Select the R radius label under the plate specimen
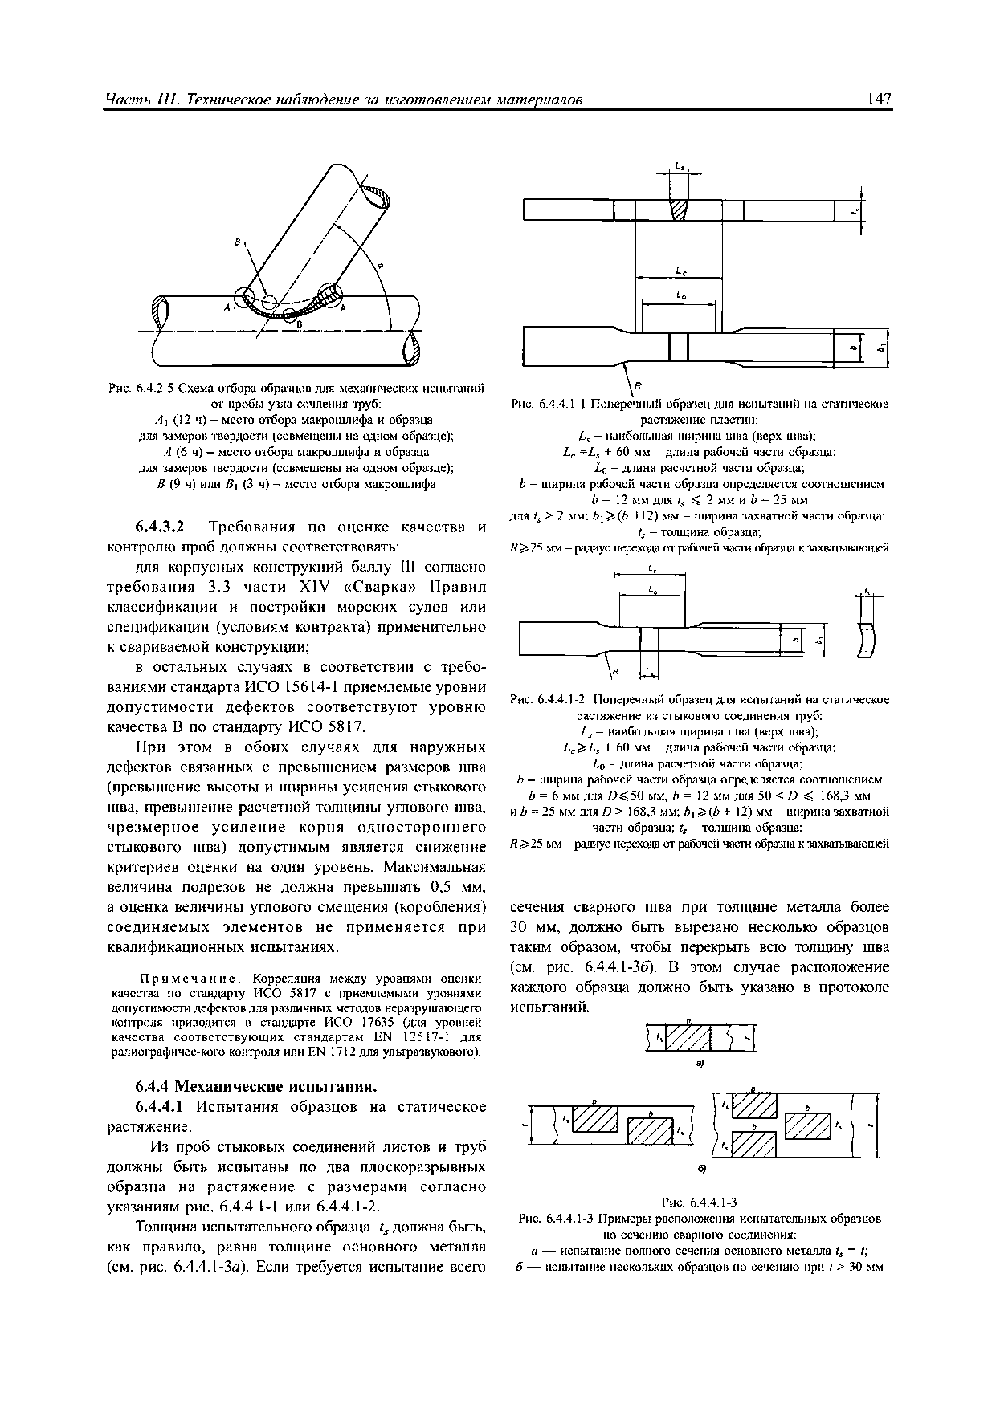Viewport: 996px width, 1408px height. pos(637,385)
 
